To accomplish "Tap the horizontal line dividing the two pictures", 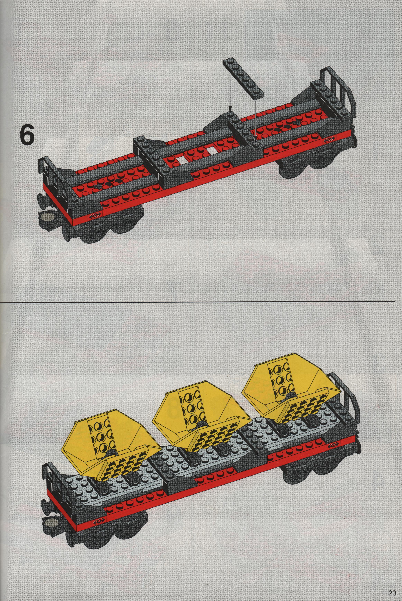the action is coord(197,301).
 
